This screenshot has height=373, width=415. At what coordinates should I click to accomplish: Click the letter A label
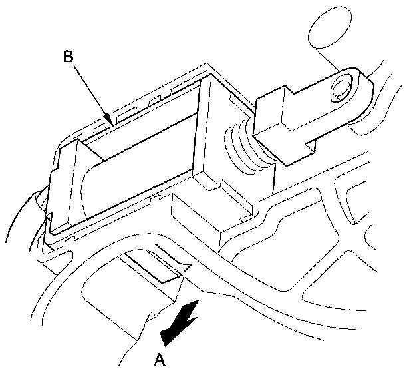[x=158, y=360]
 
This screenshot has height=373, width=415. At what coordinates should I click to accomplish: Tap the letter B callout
[x=68, y=57]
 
